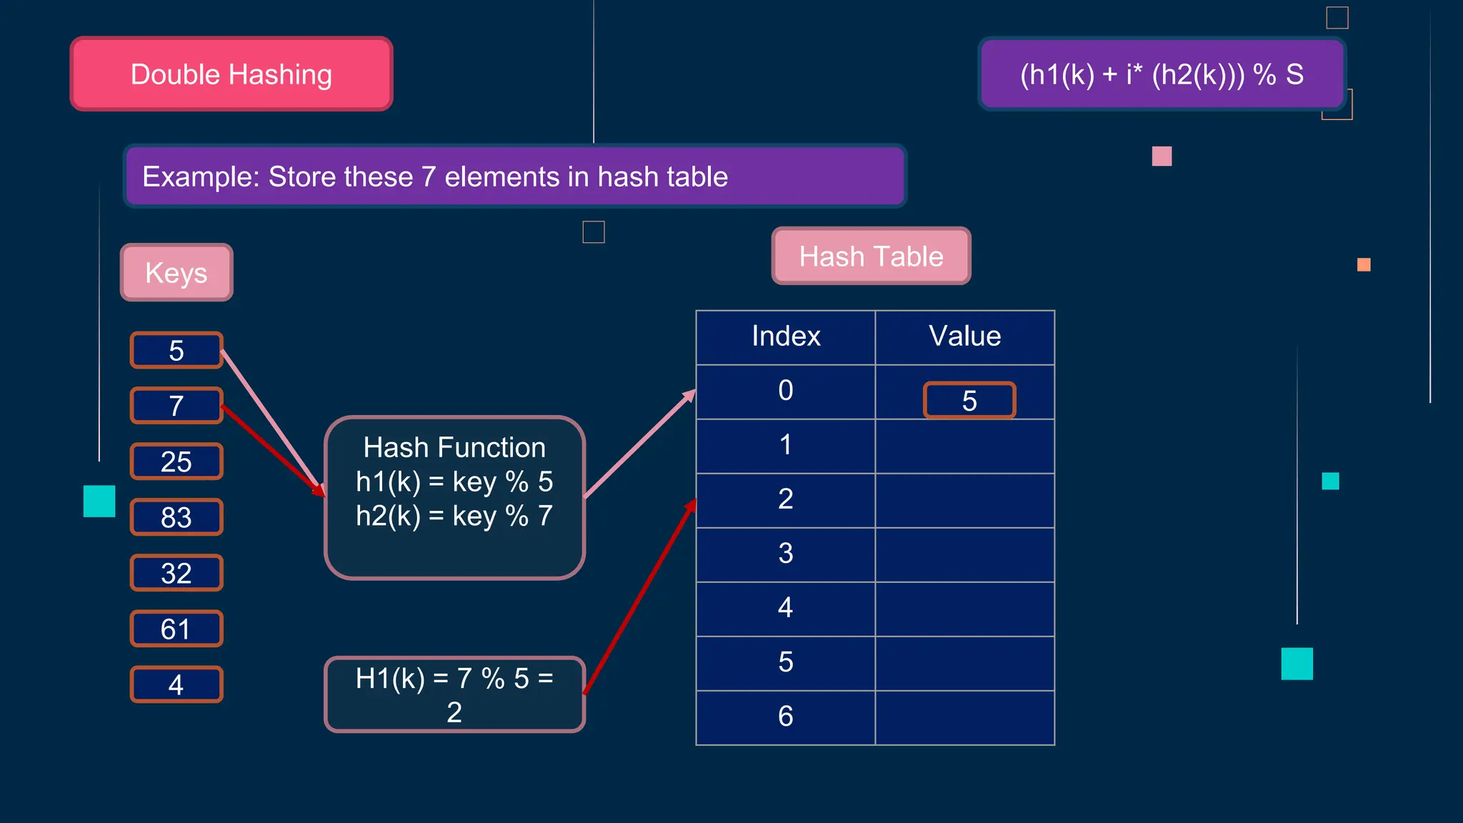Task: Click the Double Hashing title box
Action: [231, 74]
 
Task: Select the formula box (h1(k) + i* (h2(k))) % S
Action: [1162, 74]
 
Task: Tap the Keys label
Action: [176, 273]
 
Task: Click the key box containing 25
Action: [176, 462]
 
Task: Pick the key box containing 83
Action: [176, 517]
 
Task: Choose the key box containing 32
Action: [176, 573]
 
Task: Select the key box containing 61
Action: [176, 629]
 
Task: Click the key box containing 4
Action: [176, 684]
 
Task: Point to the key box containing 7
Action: [176, 406]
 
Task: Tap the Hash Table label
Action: [871, 256]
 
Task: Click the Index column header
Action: [786, 336]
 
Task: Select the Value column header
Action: [965, 336]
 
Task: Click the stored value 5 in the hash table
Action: [969, 401]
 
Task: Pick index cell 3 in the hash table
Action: [786, 554]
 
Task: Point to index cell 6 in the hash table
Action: [786, 717]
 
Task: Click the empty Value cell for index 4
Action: [965, 609]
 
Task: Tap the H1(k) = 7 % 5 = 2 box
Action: [454, 694]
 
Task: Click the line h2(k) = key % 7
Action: [454, 516]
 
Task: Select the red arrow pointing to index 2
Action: [639, 597]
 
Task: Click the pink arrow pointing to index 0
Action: [639, 444]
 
